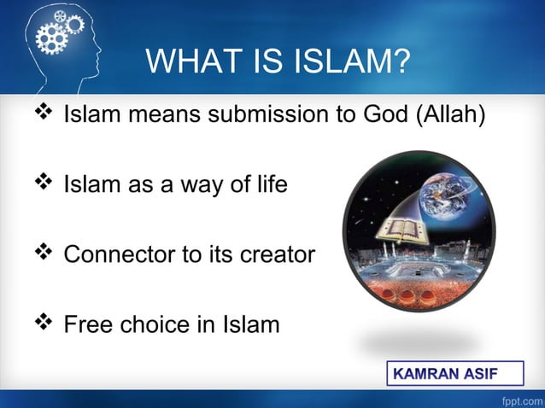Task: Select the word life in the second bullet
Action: coord(272,184)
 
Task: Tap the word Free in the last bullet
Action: coord(91,325)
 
